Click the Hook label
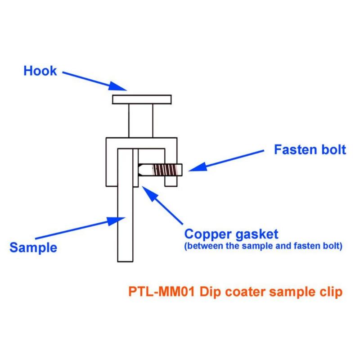coord(40,71)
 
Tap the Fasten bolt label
coord(310,150)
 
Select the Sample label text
coord(33,247)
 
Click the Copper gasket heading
coord(232,234)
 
